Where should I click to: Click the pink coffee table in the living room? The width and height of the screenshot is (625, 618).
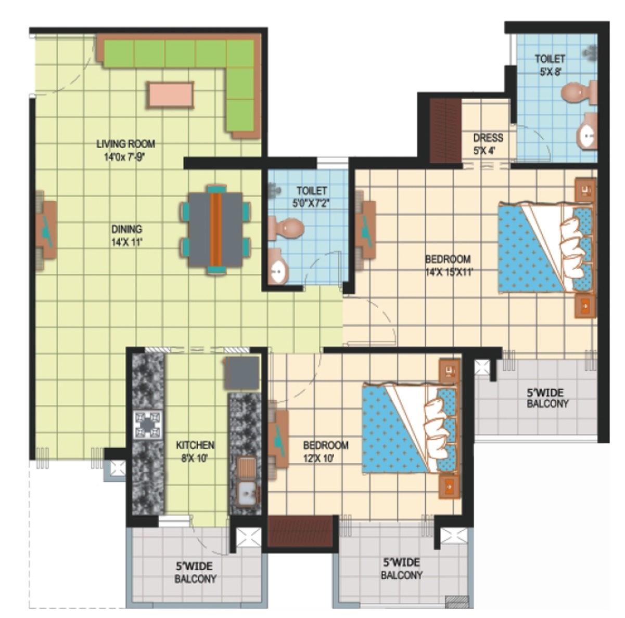[171, 94]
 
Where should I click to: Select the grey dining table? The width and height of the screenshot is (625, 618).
[215, 229]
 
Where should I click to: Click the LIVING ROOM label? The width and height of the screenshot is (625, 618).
[126, 144]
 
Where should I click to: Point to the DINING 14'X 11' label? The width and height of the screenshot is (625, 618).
[127, 235]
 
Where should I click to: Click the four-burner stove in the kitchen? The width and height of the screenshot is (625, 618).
[148, 425]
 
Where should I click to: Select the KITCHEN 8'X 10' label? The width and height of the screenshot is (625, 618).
[195, 452]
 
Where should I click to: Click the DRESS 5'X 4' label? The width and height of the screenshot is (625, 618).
[488, 144]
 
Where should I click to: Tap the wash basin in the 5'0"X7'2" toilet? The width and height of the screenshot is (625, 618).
[278, 267]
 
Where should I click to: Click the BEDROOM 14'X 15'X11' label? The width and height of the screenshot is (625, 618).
[448, 266]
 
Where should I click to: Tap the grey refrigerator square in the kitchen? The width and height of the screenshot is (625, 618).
[242, 373]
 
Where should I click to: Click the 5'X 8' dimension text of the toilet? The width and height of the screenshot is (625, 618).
[551, 72]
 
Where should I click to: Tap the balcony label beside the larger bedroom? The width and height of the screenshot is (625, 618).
[547, 399]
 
